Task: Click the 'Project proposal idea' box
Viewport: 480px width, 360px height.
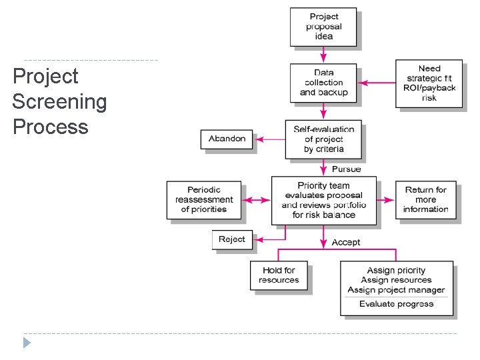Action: click(x=323, y=27)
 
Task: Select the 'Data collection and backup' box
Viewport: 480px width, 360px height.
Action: click(x=323, y=83)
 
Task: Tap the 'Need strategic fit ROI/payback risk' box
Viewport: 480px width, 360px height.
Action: click(x=429, y=83)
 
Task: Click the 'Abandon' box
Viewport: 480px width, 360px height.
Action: click(x=227, y=139)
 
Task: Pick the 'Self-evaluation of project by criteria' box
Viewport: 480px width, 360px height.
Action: click(x=323, y=139)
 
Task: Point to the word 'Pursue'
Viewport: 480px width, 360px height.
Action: click(x=346, y=169)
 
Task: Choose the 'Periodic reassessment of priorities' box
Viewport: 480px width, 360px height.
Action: click(x=204, y=199)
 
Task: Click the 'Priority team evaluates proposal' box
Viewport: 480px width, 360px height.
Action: click(x=323, y=200)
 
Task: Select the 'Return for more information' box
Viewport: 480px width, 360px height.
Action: click(x=425, y=199)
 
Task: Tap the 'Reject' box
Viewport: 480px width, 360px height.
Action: click(x=232, y=239)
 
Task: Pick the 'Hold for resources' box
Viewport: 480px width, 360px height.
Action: click(x=279, y=275)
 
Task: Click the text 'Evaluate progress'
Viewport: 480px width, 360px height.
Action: click(x=396, y=304)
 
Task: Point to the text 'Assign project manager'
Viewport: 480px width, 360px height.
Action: click(x=396, y=290)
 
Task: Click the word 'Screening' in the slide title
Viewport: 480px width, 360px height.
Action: click(x=59, y=102)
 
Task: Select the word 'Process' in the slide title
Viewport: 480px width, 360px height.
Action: click(x=50, y=127)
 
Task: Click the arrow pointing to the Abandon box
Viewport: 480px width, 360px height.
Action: click(x=271, y=139)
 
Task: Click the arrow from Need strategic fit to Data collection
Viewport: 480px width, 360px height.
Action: click(x=378, y=83)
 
